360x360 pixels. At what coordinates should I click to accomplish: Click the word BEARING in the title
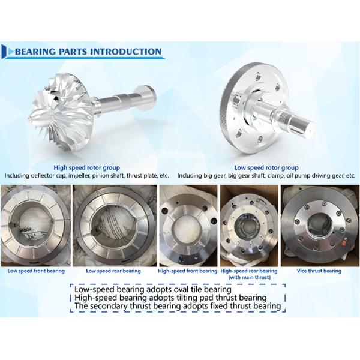click(x=35, y=52)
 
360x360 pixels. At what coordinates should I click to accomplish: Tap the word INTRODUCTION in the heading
click(x=125, y=52)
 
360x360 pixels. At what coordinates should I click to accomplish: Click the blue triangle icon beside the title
click(x=11, y=52)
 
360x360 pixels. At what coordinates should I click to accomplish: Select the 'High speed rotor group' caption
click(x=87, y=167)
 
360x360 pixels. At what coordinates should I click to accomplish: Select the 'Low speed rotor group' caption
click(x=266, y=167)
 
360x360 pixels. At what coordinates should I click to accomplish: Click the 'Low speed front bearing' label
click(x=36, y=271)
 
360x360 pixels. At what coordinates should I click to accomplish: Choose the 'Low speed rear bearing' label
click(x=113, y=271)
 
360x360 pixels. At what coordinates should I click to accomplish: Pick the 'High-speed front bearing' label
click(x=187, y=271)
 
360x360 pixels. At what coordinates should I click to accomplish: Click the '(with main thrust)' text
click(x=250, y=277)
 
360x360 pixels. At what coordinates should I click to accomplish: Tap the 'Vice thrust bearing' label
click(x=319, y=271)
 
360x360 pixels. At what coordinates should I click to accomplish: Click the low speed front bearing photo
click(x=35, y=226)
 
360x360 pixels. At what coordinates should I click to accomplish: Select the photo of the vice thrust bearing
click(x=320, y=226)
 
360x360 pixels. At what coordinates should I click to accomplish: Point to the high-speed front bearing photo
click(x=188, y=226)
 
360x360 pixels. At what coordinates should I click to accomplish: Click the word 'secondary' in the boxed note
click(x=109, y=306)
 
